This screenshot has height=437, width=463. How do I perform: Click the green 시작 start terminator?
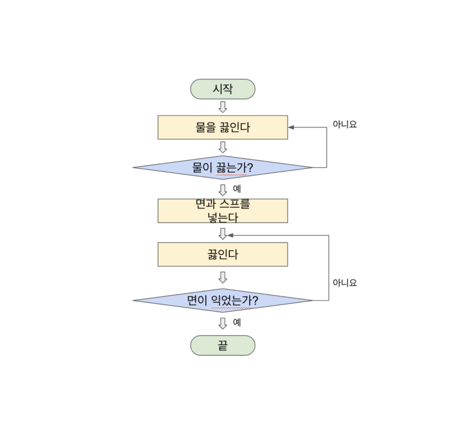tap(222, 89)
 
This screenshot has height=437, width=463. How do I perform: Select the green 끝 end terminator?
tap(222, 345)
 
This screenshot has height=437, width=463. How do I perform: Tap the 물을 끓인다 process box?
tap(222, 127)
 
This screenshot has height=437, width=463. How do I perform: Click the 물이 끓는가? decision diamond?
tap(222, 167)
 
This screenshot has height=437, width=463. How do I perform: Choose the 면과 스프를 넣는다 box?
tap(222, 211)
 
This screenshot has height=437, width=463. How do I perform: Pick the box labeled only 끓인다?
tap(222, 255)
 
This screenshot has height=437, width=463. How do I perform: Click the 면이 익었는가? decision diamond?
tap(222, 301)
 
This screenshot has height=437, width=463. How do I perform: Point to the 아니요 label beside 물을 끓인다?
tap(345, 125)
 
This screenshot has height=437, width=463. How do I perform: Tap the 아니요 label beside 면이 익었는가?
tap(345, 283)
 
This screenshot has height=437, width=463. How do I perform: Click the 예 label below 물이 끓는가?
tap(237, 189)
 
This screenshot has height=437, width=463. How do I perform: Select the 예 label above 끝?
tap(237, 322)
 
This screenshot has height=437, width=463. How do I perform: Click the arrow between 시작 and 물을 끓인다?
tap(223, 107)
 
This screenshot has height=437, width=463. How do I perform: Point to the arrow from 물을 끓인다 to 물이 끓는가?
tap(223, 147)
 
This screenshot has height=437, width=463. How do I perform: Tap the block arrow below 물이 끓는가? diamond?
tap(223, 190)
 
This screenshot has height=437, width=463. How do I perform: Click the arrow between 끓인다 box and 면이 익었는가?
tap(223, 278)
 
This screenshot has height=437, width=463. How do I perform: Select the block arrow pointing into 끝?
tap(223, 324)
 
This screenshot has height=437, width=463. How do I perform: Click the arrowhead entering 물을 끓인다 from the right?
tap(291, 127)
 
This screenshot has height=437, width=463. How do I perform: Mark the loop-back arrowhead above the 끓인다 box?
tap(230, 235)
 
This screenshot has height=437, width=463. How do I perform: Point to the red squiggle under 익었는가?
tap(231, 308)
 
